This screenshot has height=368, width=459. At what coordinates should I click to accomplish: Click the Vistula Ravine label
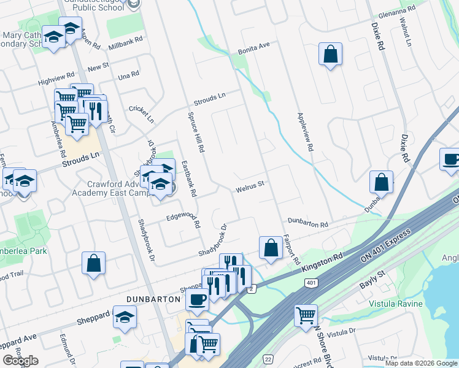395,304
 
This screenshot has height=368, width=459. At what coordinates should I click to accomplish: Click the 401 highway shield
310,283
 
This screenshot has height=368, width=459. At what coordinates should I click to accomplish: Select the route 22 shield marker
268,358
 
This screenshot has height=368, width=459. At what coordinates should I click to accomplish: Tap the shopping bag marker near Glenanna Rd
330,54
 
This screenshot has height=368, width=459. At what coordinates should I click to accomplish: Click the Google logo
20,361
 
